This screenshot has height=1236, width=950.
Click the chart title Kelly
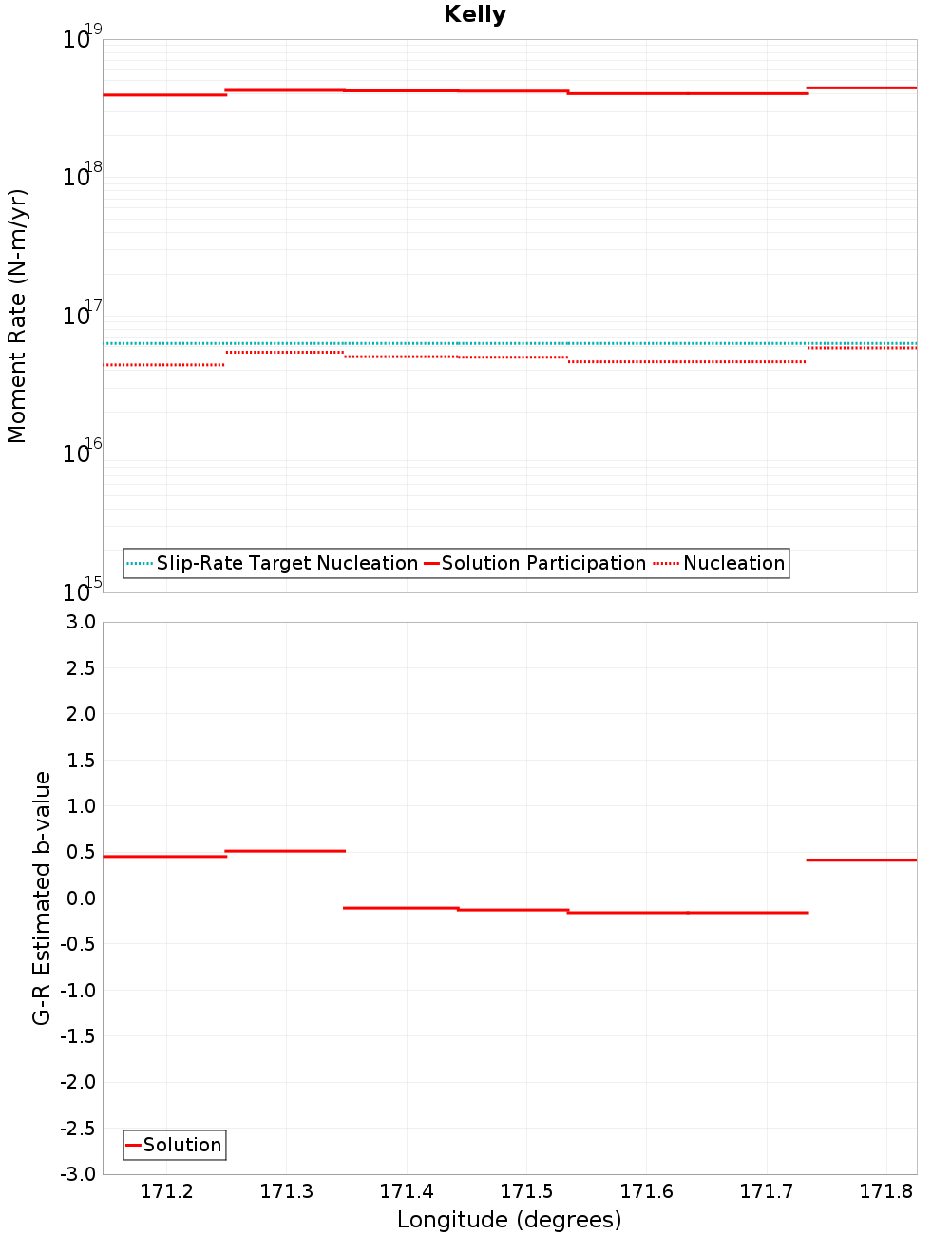pos(475,15)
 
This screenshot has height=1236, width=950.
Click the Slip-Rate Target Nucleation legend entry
pos(286,564)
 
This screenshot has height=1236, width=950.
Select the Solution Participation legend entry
pos(543,564)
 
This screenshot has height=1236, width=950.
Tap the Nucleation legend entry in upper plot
pos(733,564)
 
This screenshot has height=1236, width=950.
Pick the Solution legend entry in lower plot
pos(181,1146)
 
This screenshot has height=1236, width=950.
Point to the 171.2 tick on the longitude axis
pos(166,1192)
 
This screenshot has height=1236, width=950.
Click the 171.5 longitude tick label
pos(526,1192)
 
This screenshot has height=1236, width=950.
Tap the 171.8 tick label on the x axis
pos(886,1192)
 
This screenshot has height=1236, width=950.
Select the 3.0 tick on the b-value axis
pos(80,623)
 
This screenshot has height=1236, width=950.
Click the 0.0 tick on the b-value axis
pos(80,898)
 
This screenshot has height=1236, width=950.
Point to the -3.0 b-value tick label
pos(77,1175)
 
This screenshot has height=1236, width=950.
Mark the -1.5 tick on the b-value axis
pos(77,1036)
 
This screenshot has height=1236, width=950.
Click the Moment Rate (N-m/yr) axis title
pos(17,316)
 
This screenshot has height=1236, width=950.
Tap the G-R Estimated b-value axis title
pos(42,898)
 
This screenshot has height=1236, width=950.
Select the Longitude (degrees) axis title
pos(509,1221)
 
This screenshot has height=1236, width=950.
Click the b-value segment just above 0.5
pos(285,851)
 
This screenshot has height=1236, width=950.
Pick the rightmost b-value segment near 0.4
pos(862,860)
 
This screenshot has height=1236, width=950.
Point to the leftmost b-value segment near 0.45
pos(164,857)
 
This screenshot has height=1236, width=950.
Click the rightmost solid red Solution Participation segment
pos(862,87)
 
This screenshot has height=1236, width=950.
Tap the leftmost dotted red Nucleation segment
pos(163,365)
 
